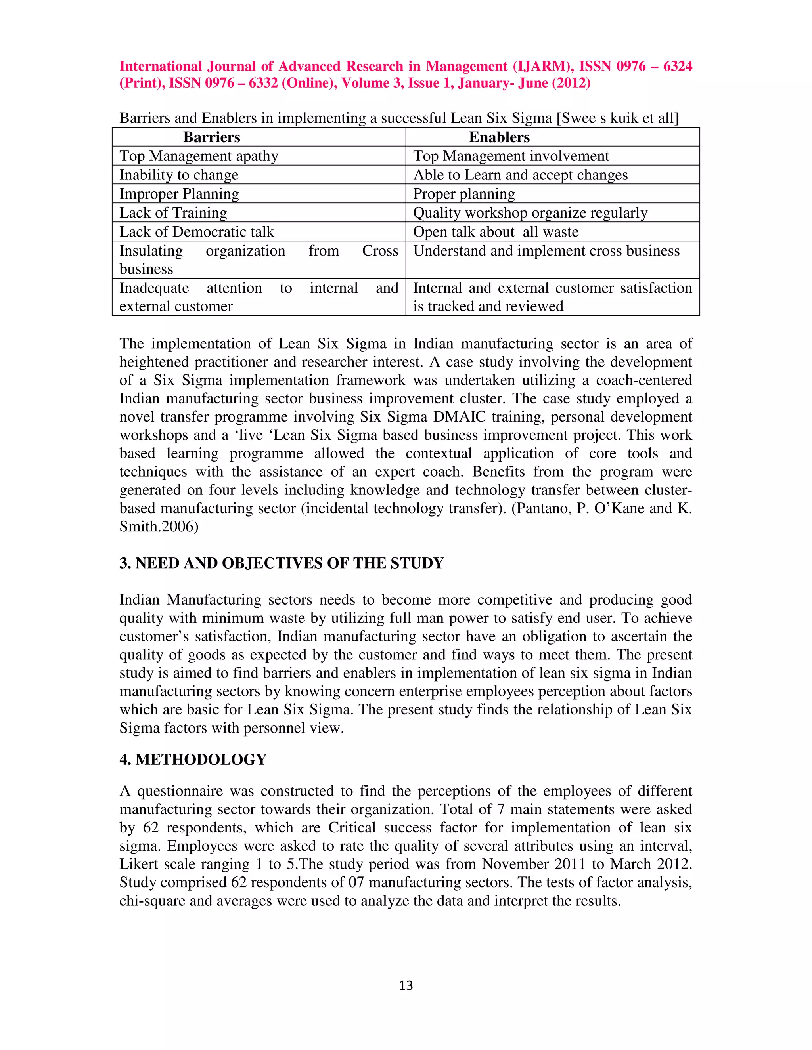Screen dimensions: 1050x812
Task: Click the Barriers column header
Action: [212, 137]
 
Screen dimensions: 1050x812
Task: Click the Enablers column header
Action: [499, 137]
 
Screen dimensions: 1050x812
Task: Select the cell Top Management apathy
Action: [199, 156]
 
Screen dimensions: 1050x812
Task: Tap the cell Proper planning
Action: [464, 194]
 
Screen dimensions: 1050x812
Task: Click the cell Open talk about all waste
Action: [496, 232]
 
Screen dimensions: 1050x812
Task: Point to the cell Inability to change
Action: [179, 175]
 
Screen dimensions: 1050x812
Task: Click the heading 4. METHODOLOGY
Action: [193, 759]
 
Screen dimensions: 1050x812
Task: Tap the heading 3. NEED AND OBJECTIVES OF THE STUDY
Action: [282, 563]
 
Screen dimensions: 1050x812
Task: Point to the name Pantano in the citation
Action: [543, 508]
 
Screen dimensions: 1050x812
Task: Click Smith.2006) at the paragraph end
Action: [159, 527]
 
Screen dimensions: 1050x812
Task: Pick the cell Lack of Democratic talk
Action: [196, 232]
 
